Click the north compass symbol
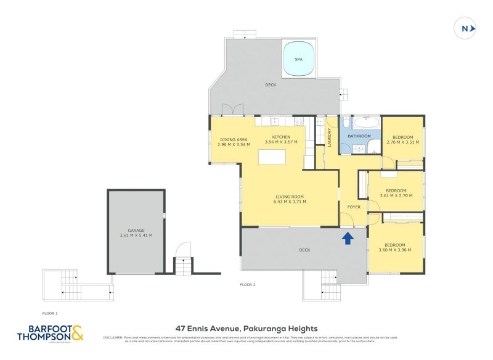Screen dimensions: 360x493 tap(466, 28)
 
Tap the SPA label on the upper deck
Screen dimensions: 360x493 tap(298, 59)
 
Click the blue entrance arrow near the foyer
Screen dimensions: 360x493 tap(348, 237)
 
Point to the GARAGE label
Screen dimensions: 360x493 tap(136, 231)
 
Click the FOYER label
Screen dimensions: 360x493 tap(354, 207)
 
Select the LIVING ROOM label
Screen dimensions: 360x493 tap(290, 197)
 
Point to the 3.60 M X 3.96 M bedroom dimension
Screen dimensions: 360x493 tap(395, 250)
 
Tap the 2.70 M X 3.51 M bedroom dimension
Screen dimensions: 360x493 tap(403, 142)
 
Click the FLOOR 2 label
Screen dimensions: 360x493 tap(248, 284)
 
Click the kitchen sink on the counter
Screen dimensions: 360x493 tap(275, 121)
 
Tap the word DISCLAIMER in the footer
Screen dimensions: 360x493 tap(112, 337)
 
